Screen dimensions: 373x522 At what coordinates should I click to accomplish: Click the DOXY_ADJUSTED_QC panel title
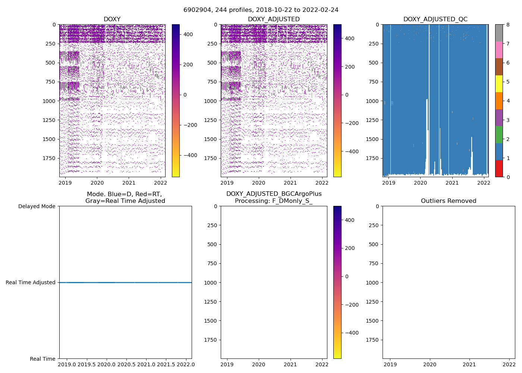(435, 19)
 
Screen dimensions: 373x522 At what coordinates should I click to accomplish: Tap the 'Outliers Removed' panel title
(449, 201)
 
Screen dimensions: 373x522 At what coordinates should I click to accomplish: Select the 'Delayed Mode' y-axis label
(37, 206)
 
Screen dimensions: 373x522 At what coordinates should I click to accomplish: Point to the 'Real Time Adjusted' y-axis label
(31, 283)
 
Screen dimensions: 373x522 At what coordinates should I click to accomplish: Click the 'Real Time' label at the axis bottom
(43, 359)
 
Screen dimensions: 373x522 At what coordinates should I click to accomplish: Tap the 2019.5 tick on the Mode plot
(87, 364)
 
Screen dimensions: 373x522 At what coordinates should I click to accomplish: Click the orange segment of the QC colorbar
(499, 101)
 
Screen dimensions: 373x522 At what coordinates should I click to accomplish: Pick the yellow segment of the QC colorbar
(499, 84)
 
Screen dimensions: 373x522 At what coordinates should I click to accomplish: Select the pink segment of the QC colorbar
(499, 50)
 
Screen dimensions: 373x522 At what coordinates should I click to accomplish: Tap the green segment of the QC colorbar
(499, 135)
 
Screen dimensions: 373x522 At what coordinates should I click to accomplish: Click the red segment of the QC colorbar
(499, 169)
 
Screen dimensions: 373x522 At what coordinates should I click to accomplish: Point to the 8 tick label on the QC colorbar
(508, 25)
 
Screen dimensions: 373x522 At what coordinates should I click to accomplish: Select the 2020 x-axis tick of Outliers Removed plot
(430, 364)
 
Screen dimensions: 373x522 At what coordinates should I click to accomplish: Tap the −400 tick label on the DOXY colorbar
(190, 155)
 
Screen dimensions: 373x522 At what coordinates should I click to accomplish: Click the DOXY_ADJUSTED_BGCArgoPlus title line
(274, 194)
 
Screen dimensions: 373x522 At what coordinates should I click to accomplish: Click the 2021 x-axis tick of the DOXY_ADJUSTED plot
(290, 183)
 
